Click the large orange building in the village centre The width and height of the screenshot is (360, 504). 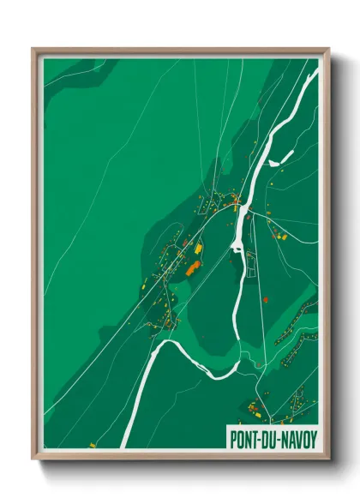193,268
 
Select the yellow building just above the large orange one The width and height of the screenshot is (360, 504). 199,249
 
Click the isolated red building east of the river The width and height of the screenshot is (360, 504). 265,299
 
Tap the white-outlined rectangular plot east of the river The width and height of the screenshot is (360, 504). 251,266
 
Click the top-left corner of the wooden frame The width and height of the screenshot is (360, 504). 33,49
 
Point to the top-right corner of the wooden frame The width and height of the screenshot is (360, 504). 328,49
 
